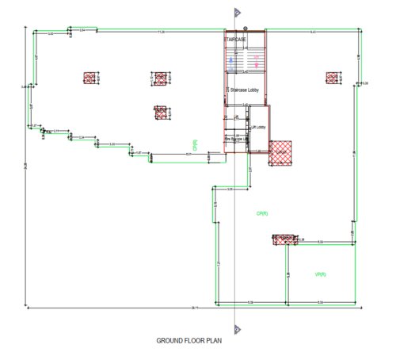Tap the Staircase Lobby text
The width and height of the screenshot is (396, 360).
(244, 90)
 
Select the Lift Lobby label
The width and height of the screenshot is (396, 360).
(258, 127)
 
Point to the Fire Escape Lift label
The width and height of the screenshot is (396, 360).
(232, 140)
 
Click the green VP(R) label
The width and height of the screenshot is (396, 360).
(321, 274)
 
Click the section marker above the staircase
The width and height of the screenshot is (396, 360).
(236, 13)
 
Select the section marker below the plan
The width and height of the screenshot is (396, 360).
(236, 327)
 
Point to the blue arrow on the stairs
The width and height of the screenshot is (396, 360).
(230, 59)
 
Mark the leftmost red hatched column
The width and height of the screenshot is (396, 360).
(90, 78)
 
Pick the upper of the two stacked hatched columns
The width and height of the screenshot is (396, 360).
(161, 78)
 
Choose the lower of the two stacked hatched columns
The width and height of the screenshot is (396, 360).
(161, 113)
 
